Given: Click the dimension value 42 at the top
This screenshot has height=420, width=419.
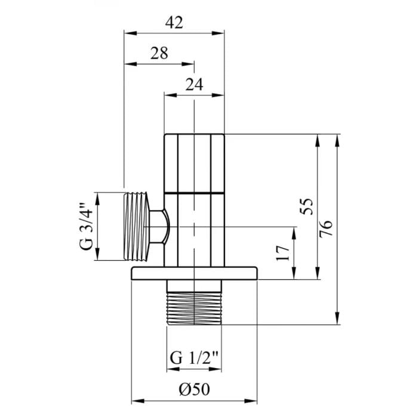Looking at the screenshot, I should (x=174, y=23).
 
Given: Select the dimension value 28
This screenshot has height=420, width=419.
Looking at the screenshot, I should (x=159, y=53).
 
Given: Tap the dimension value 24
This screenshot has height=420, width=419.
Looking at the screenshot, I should (x=194, y=84).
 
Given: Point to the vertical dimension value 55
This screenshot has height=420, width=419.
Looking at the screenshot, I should (x=307, y=206).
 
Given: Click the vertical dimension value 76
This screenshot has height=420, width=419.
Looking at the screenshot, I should (x=327, y=228).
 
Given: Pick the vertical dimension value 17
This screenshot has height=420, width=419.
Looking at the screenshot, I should (x=284, y=252).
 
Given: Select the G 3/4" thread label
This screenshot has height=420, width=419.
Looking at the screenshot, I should (x=87, y=227).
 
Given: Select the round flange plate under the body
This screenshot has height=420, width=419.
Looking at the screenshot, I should (x=194, y=273).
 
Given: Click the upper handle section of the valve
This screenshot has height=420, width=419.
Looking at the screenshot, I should (x=194, y=163).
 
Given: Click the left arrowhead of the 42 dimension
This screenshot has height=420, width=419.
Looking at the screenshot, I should (x=127, y=33).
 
